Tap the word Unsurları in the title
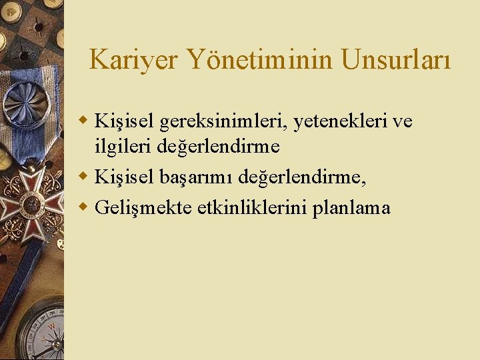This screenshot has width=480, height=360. [396, 60]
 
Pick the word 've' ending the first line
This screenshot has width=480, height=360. [403, 121]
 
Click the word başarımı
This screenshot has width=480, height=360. [195, 177]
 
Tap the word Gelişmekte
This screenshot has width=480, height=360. [143, 208]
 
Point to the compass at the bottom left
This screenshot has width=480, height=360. [40, 333]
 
